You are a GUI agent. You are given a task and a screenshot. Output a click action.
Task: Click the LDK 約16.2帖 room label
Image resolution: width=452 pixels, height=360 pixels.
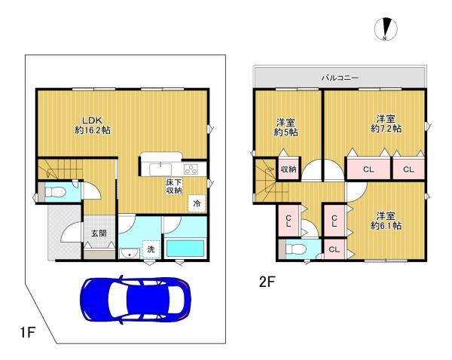[x=93, y=125]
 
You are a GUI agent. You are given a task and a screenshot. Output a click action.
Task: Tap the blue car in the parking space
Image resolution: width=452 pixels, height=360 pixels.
[x=135, y=300]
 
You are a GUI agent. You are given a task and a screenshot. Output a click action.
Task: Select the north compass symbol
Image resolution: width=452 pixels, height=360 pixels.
[x=386, y=29]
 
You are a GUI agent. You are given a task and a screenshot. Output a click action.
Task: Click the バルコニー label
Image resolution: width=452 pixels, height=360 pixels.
[x=341, y=78]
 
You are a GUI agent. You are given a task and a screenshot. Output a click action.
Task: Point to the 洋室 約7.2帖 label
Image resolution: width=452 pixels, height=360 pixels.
[x=386, y=124]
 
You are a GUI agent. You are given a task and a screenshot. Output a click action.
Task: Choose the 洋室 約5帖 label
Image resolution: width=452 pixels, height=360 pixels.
[x=286, y=128]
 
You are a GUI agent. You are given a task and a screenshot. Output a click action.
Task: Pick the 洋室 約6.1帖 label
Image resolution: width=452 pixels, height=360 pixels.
[x=386, y=221]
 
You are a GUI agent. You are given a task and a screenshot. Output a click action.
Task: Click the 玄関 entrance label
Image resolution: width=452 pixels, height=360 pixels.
[x=99, y=233]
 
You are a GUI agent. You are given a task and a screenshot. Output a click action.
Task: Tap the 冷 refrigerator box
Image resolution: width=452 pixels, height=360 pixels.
[x=197, y=203]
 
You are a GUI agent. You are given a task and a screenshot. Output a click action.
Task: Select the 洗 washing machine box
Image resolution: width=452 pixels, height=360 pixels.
[x=151, y=249]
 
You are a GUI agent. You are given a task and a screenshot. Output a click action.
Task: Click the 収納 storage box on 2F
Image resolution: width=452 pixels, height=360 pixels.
[x=289, y=169]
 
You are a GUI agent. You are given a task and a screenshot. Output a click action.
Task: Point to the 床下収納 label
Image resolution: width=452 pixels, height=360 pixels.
[x=174, y=186]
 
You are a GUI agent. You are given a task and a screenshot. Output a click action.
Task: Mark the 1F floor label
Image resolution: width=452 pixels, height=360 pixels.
[x=27, y=333]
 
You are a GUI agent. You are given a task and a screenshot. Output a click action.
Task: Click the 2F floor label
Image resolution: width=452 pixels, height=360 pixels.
[x=267, y=282]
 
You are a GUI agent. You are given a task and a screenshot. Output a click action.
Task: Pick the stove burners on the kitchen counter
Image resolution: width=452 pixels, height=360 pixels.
[x=191, y=169]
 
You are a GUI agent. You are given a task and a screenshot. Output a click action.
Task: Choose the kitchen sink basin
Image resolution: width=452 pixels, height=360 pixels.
[x=160, y=169]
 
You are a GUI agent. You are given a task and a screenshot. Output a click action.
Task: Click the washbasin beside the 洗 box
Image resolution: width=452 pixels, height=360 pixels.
[x=130, y=254]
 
